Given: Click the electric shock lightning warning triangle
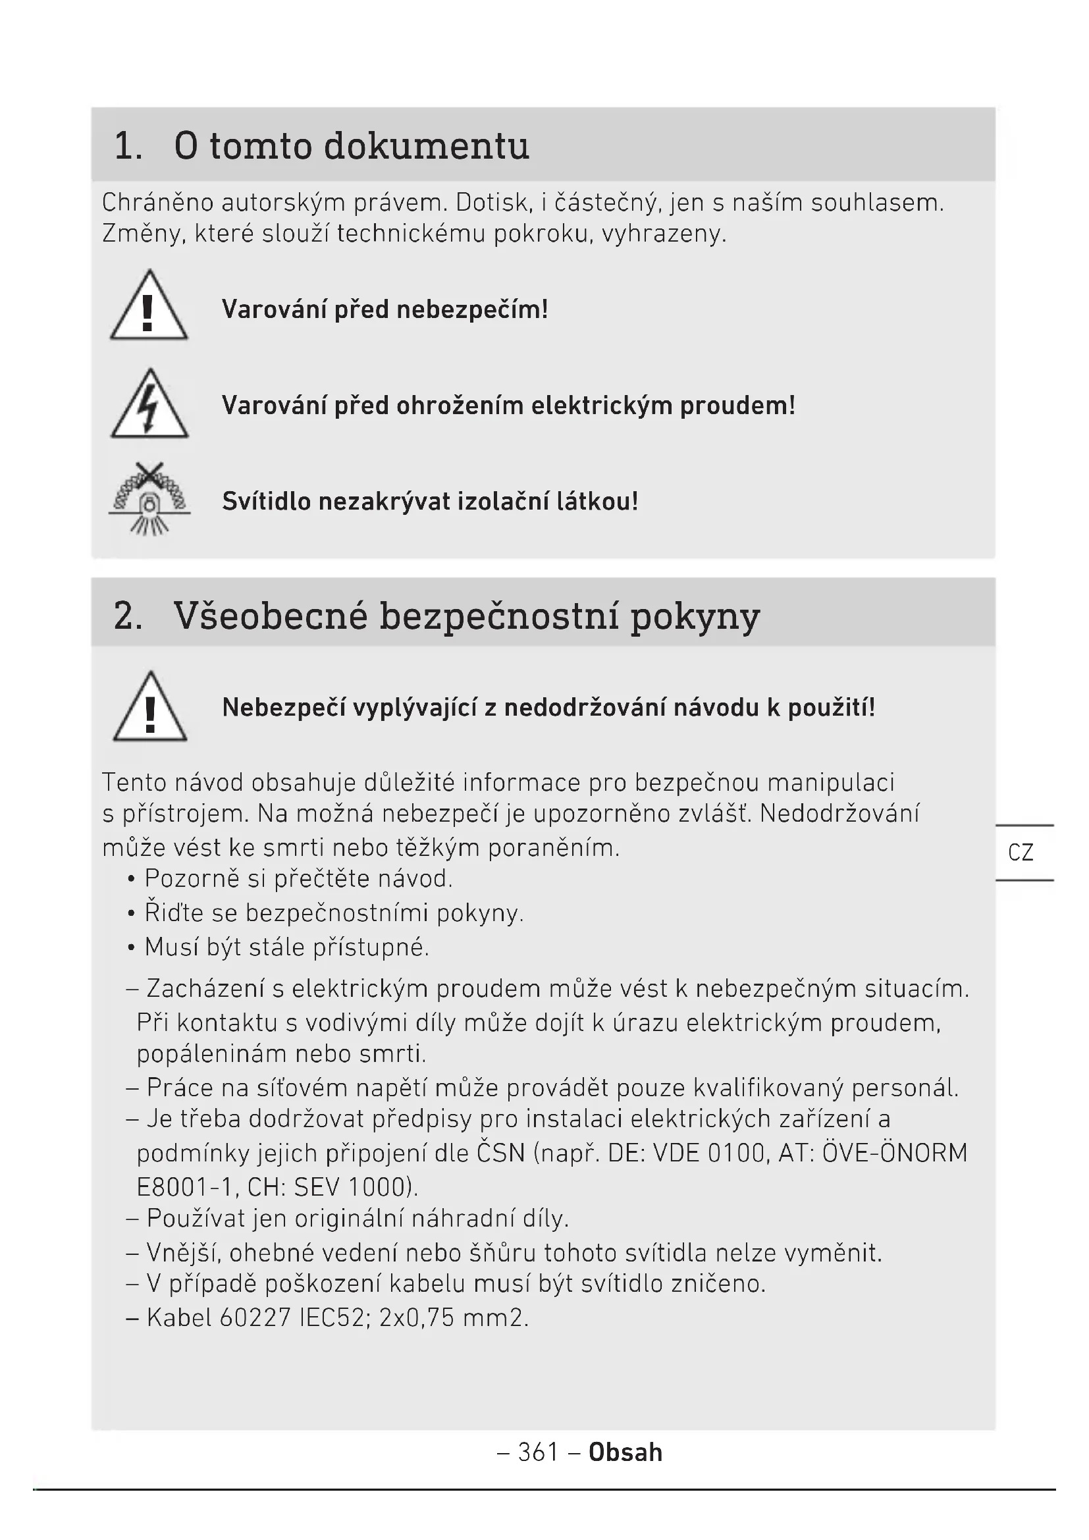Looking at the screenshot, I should click(x=149, y=405).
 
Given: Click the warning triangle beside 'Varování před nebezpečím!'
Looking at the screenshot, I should click(x=149, y=307).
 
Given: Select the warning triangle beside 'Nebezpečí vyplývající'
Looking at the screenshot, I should click(x=150, y=708).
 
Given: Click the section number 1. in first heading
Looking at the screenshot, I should click(x=128, y=146).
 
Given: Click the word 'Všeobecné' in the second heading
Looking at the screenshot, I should click(x=270, y=615).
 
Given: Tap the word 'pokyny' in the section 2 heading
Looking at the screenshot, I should click(x=695, y=616).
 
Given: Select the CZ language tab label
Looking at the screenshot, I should click(x=1021, y=853).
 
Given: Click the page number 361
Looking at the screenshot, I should click(x=539, y=1452).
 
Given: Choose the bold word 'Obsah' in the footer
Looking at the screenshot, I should click(x=625, y=1452).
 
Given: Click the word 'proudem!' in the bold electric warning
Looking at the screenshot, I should click(x=737, y=405).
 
